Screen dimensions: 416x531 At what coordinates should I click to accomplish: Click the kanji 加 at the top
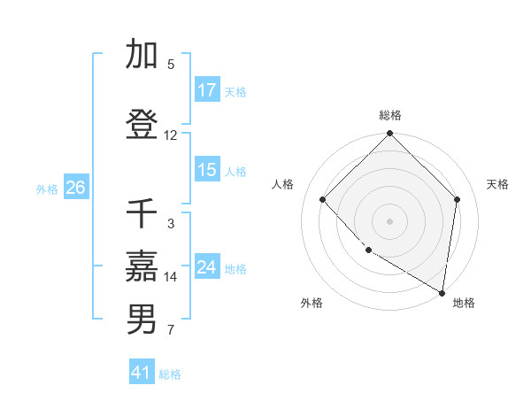pos(142,54)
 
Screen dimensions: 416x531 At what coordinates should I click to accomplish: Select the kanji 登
pos(142,124)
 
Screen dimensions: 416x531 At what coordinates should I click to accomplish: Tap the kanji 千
pos(142,214)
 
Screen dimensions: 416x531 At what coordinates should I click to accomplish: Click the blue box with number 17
pos(207,90)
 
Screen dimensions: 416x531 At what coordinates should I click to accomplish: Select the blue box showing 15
pos(207,170)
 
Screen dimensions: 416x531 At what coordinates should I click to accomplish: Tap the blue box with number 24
pos(207,267)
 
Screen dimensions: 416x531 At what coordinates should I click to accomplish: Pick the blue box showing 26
pos(75,188)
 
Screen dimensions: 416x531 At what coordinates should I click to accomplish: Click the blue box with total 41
pos(142,373)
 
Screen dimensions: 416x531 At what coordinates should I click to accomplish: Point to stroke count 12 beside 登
pos(171,135)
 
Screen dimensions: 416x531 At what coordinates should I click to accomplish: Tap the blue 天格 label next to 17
pos(235,91)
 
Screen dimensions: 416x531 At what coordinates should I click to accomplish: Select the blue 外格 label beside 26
pos(47,189)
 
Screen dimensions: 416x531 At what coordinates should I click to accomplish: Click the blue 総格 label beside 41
pos(170,374)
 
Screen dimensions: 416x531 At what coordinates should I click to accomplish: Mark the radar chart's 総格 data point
pos(389,134)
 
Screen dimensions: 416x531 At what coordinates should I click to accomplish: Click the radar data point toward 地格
pos(442,292)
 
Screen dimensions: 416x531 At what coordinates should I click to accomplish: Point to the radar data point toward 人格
pos(323,199)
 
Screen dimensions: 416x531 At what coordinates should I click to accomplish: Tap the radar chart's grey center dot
pos(389,220)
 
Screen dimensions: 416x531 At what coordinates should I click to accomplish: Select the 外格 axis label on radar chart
pos(312,304)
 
